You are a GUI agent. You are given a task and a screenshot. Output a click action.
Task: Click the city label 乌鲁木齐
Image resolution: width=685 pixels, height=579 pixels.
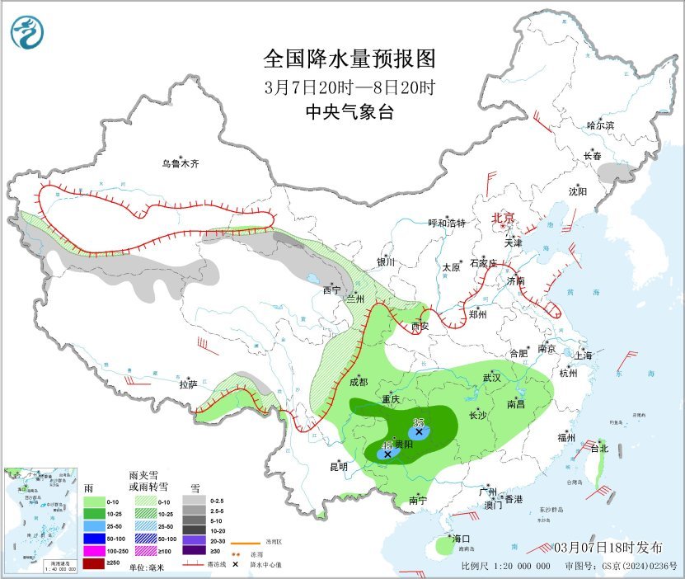180,164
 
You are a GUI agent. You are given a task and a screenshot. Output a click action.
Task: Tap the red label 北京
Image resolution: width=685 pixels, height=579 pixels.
503,218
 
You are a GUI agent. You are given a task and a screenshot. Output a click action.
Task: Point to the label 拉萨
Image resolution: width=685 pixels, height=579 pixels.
188,384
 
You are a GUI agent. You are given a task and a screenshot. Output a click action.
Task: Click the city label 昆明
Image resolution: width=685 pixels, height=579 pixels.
339,467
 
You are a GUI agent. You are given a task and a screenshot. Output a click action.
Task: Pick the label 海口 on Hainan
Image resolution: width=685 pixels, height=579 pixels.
462,539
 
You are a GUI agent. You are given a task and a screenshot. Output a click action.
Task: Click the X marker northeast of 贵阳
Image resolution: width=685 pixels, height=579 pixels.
419,431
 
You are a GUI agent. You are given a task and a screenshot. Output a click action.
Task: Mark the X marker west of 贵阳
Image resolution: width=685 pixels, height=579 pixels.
387,454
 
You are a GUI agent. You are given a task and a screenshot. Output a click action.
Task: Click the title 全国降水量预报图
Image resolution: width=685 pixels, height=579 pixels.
349,59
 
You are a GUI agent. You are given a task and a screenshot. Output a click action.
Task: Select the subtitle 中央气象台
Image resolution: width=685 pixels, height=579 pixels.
349,113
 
